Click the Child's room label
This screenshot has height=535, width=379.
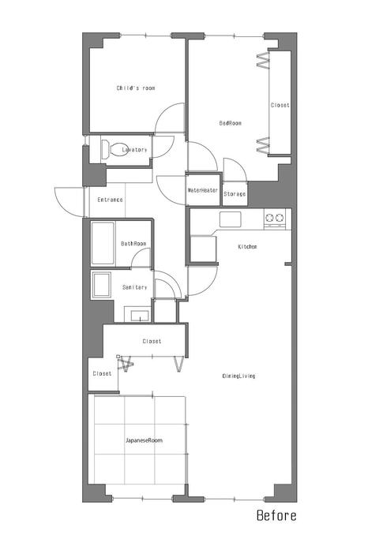click(136, 88)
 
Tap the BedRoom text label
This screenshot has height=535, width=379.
click(230, 123)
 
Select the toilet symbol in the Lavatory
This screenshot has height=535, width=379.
click(114, 149)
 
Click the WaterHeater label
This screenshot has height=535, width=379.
click(202, 190)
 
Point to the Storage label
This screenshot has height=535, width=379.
click(235, 194)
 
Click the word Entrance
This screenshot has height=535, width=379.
click(110, 200)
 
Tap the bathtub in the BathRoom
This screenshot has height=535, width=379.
click(103, 243)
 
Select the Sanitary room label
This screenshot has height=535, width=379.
click(134, 287)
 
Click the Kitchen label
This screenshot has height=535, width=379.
click(247, 246)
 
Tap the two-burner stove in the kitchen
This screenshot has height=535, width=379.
click(275, 219)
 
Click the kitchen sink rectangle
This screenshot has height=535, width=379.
click(230, 219)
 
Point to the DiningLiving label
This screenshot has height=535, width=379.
click(238, 376)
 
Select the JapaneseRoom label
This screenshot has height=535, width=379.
click(144, 440)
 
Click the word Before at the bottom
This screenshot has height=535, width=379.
click(276, 515)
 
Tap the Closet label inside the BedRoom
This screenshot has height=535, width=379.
click(280, 105)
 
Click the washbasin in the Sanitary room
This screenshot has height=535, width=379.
click(140, 316)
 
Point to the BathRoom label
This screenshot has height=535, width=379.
click(133, 244)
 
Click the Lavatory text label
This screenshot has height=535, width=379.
click(134, 149)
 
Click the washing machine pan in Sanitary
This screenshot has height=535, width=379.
click(102, 285)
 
